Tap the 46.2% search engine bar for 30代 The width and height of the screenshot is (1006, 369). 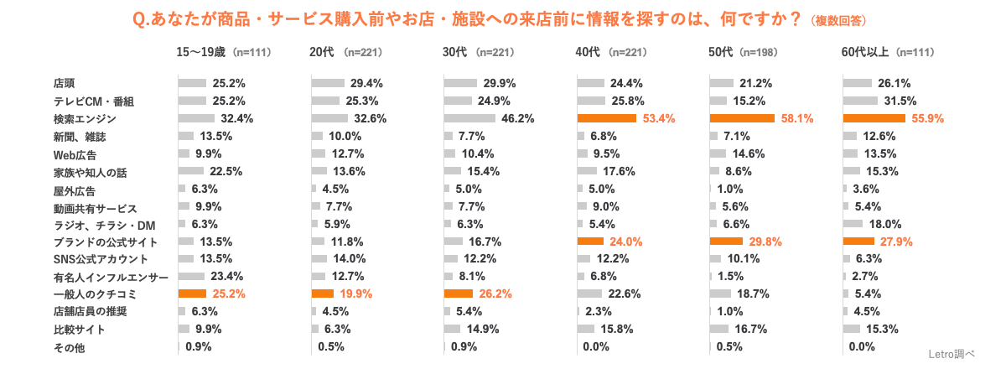point(470,118)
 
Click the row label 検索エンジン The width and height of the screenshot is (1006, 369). point(81,118)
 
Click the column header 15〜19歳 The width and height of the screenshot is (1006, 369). point(201,52)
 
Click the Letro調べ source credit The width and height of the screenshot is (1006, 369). point(952,354)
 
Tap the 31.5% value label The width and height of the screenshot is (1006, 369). point(904,101)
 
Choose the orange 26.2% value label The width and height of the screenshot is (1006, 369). point(495,294)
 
